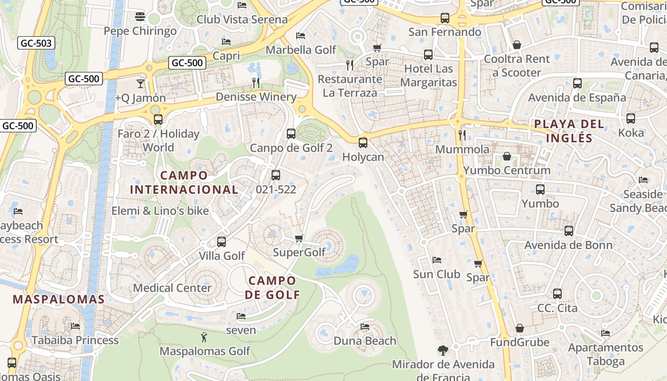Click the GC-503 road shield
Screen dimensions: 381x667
point(36,43)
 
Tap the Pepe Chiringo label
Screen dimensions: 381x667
point(140,31)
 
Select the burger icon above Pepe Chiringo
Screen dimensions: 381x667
point(140,17)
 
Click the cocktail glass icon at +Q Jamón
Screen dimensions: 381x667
point(141,84)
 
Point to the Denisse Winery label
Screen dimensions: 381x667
point(256,97)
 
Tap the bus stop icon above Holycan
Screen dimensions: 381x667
point(363,142)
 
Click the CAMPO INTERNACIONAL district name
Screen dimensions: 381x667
point(184,182)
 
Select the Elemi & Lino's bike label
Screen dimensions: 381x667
point(160,211)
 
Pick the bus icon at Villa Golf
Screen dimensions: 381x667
point(222,241)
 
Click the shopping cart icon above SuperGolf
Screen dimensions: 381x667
point(299,238)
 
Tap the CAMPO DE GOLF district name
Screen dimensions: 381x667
point(273,288)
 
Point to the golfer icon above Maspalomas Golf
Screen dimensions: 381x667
point(204,337)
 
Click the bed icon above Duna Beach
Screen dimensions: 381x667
point(365,327)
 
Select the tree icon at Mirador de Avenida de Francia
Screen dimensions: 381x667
point(443,351)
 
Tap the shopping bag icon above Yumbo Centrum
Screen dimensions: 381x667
point(507,156)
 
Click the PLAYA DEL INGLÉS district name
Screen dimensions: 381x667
point(569,131)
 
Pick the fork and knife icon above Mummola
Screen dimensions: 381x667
point(462,135)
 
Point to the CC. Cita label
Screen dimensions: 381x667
point(557,308)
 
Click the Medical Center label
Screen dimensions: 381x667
point(172,288)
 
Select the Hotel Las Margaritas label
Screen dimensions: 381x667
point(428,75)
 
